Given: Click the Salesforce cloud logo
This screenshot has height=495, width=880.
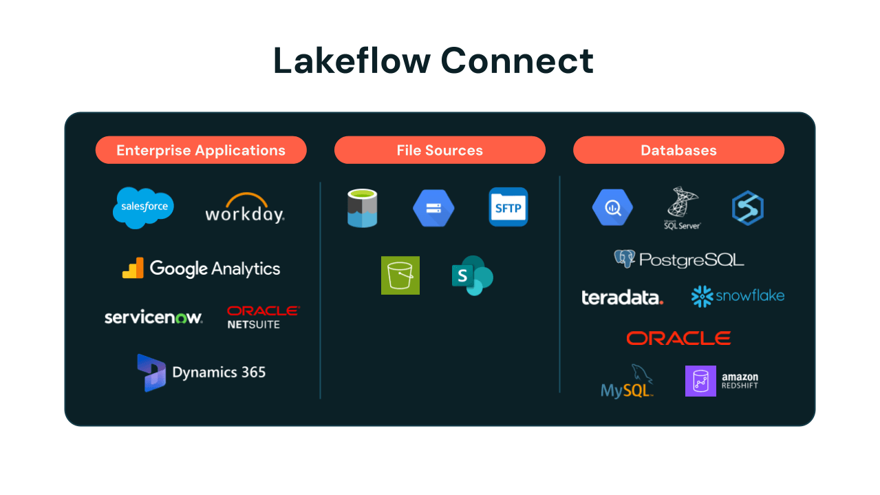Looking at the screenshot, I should click(x=143, y=207).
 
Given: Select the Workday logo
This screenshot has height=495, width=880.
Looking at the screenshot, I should click(x=245, y=208).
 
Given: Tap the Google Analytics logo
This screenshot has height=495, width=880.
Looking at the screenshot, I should click(x=201, y=268).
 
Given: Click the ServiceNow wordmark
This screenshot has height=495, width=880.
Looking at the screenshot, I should click(x=153, y=317).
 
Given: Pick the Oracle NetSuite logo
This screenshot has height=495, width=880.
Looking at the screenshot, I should click(x=264, y=317).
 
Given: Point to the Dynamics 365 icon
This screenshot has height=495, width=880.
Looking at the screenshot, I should click(x=151, y=372).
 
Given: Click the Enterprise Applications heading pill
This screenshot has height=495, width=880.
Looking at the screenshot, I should click(x=201, y=150).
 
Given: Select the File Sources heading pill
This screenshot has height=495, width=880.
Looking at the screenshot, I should click(x=440, y=150).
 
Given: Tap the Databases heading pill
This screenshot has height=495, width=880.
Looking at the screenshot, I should click(x=678, y=150).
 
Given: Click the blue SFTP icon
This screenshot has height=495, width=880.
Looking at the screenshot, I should click(x=508, y=207).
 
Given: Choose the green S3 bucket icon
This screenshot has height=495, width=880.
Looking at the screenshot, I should click(x=400, y=275).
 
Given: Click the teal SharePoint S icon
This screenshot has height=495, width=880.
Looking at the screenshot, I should click(x=472, y=275).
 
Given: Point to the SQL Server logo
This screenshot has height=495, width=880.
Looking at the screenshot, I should click(x=682, y=208).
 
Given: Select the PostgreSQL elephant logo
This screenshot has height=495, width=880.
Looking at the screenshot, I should click(x=624, y=259).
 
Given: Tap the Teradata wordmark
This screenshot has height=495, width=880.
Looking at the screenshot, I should click(x=622, y=297).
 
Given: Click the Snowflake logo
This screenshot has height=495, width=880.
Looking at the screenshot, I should click(x=738, y=297).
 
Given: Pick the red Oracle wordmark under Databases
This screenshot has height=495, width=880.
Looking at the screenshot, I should click(x=678, y=338).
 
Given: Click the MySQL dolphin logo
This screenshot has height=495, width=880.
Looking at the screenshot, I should click(x=627, y=381).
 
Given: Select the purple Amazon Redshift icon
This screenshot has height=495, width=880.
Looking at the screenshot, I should click(x=700, y=381).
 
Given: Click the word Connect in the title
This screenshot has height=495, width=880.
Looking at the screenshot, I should click(x=517, y=61).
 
